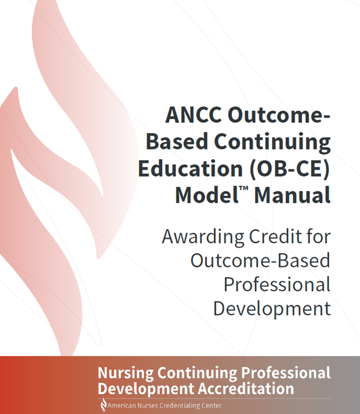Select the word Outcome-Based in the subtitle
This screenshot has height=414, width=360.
[x=260, y=261]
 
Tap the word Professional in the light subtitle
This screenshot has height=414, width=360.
[x=277, y=285]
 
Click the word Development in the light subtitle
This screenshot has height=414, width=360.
[x=272, y=309]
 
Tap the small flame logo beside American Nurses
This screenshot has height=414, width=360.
[x=103, y=405]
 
